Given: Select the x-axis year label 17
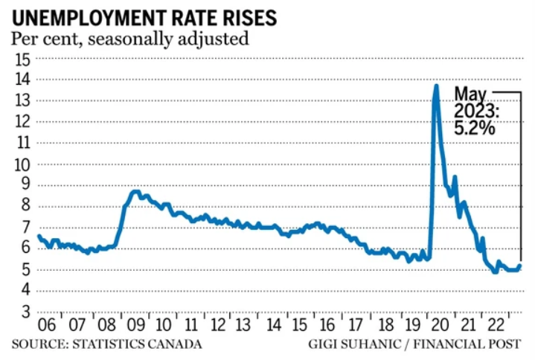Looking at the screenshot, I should pyautogui.click(x=354, y=326).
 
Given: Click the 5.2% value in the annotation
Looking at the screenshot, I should pyautogui.click(x=476, y=127).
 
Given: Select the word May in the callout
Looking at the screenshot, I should pyautogui.click(x=470, y=94).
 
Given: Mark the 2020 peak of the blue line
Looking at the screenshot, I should pyautogui.click(x=435, y=86).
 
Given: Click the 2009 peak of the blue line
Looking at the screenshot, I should pyautogui.click(x=134, y=192).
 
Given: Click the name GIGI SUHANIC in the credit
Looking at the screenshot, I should pyautogui.click(x=353, y=344).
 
